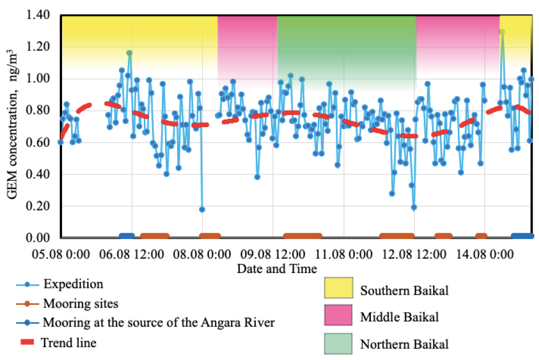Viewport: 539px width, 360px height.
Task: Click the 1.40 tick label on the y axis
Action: pos(38,16)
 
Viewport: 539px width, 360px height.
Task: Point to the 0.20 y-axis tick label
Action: pos(38,206)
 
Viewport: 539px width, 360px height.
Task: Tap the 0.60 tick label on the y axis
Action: pos(38,143)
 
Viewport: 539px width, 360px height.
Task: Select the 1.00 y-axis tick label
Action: pos(38,80)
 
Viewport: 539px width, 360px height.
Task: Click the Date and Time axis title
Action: pos(277,268)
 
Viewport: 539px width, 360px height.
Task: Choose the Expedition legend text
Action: pos(73,284)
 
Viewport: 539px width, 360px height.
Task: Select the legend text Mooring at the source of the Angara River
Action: pos(159,322)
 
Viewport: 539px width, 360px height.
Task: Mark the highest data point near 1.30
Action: pos(502,32)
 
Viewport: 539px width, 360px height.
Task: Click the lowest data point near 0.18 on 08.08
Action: pos(202,209)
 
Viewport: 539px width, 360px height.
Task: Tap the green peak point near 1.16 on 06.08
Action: pos(129,53)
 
